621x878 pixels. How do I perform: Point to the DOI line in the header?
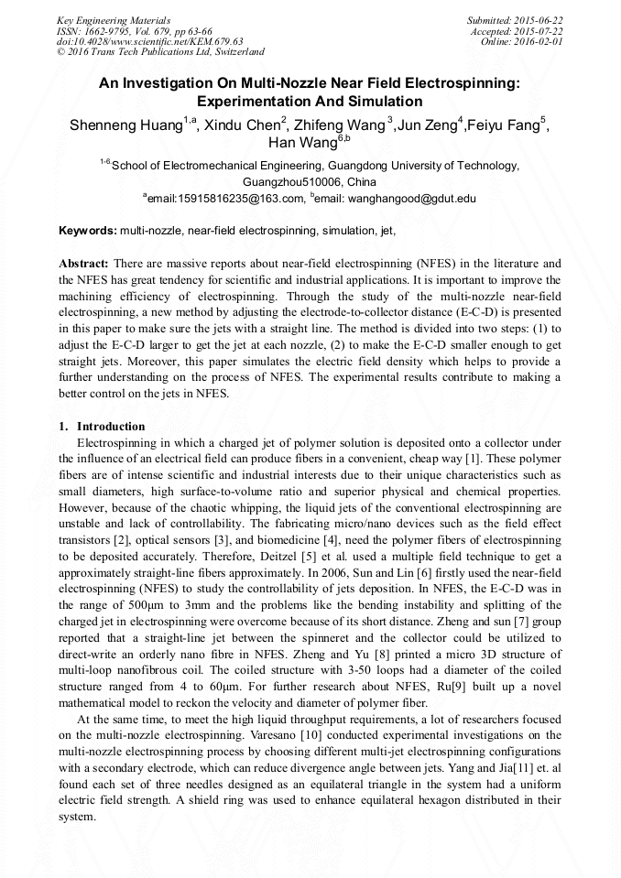(x=149, y=41)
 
